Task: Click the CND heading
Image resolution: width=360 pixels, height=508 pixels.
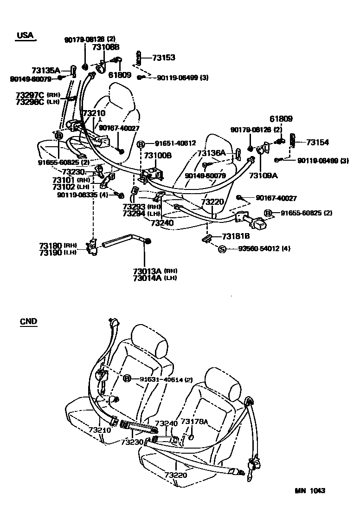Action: pyautogui.click(x=29, y=321)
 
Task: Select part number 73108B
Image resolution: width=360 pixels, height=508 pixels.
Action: pyautogui.click(x=105, y=47)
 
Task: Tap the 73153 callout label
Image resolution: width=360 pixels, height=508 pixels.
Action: pyautogui.click(x=164, y=58)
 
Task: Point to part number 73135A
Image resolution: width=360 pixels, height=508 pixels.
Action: pyautogui.click(x=45, y=71)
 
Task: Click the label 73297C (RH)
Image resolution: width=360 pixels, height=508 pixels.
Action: pyautogui.click(x=35, y=95)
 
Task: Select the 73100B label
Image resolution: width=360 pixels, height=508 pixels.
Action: pyautogui.click(x=157, y=156)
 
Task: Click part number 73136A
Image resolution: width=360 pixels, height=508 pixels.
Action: pyautogui.click(x=211, y=153)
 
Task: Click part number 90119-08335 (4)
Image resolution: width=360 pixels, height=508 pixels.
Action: pyautogui.click(x=83, y=195)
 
